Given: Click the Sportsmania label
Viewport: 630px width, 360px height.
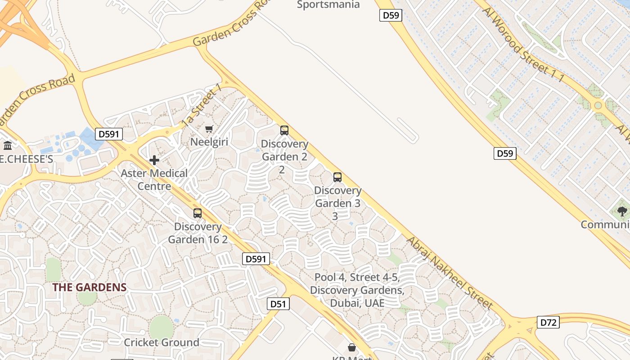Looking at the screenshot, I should [328, 5].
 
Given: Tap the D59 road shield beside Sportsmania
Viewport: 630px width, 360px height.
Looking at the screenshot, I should [390, 16].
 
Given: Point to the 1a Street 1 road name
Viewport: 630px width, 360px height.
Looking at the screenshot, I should [202, 105].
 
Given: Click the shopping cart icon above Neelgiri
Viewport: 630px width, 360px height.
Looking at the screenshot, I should [209, 129].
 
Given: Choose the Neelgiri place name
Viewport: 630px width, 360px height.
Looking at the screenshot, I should [209, 142].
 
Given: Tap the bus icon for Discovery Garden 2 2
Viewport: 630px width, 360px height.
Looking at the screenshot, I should [284, 130].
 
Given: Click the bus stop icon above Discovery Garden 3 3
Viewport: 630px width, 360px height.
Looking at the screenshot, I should [337, 177].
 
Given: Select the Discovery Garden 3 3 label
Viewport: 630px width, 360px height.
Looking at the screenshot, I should [337, 203].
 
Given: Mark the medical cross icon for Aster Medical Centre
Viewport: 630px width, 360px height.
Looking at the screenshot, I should [154, 160].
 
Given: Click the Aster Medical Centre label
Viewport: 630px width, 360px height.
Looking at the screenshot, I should [154, 180].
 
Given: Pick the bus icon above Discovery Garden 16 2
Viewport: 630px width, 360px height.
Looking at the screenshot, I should [198, 213].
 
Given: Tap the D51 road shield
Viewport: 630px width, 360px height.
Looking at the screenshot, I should [278, 304].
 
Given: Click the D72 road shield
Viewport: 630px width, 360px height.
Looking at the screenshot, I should [548, 322].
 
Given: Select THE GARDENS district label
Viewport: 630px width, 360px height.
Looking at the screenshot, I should [89, 287].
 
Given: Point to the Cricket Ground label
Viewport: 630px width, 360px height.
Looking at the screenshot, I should [162, 342].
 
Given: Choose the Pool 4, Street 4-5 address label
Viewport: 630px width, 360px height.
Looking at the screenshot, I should [357, 290].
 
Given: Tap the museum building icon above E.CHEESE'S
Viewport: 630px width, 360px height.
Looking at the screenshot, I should [8, 145].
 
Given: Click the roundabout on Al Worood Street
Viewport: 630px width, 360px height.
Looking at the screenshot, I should [598, 106].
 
